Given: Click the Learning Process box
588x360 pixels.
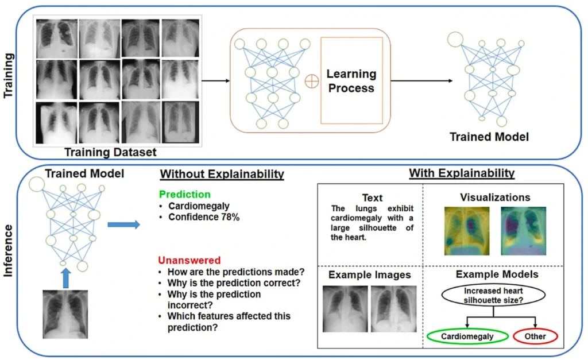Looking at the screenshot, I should [351, 81].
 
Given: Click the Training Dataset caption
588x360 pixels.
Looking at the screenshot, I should [110, 152].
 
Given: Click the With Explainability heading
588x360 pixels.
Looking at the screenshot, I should [462, 173].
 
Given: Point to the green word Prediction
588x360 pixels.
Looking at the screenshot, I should [184, 195].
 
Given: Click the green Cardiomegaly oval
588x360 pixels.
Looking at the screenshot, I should [467, 336].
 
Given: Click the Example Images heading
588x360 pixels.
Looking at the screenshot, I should [369, 275].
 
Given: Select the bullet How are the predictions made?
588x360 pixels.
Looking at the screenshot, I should [235, 272].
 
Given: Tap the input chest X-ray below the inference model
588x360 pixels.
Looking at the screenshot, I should [66, 313].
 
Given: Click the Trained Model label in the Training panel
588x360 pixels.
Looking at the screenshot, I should [489, 137].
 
